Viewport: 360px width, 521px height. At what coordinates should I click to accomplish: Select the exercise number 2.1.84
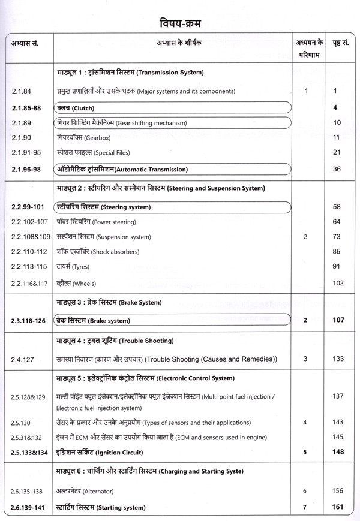[x=22, y=91]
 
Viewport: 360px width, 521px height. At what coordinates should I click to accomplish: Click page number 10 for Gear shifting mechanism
[x=337, y=123]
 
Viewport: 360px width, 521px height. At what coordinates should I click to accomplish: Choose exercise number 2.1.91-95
[x=27, y=153]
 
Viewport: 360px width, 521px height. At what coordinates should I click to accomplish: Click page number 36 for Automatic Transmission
[x=337, y=170]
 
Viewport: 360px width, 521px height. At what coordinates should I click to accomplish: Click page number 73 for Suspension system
[x=337, y=237]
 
